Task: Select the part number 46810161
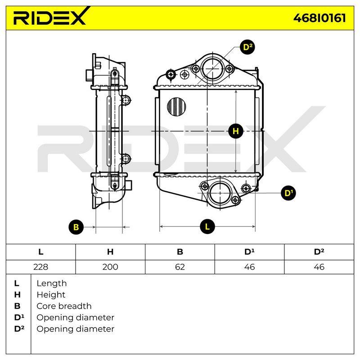(319, 18)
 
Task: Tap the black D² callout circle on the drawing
(247, 47)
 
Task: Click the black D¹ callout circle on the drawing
(288, 193)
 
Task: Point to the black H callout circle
(236, 131)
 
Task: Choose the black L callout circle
(207, 227)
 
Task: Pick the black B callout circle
(76, 227)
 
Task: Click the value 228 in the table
(40, 267)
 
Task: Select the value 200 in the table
(110, 267)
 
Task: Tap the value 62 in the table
(180, 267)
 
